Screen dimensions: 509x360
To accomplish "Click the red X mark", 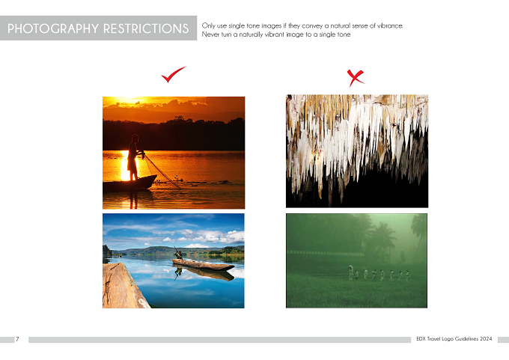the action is pyautogui.click(x=355, y=78).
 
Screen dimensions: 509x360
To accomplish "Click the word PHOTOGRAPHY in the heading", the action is pyautogui.click(x=53, y=28).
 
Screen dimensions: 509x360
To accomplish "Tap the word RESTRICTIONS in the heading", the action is pyautogui.click(x=146, y=28).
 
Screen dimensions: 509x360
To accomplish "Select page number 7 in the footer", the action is pyautogui.click(x=17, y=339).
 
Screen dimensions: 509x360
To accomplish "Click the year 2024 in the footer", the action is pyautogui.click(x=486, y=339).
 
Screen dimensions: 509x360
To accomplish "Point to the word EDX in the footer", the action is pyautogui.click(x=421, y=339).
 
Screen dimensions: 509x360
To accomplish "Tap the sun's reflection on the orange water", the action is pyautogui.click(x=125, y=165).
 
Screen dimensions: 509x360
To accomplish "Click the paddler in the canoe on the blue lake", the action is pyautogui.click(x=178, y=254).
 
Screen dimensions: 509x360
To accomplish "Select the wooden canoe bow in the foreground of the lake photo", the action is pyautogui.click(x=124, y=286).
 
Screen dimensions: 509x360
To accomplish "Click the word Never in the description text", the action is pyautogui.click(x=210, y=34).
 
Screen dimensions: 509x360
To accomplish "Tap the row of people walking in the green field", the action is pyautogui.click(x=379, y=273).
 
